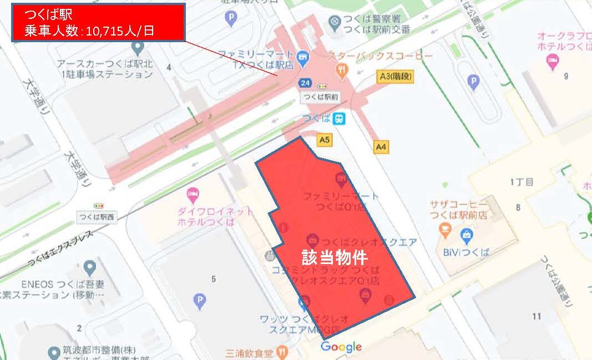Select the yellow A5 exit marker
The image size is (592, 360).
pos(325,140)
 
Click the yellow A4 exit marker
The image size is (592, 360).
pos(381,147)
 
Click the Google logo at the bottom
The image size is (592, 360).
pos(341,347)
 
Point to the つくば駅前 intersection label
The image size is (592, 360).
pos(320,97)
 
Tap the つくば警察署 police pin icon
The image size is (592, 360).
pos(335,23)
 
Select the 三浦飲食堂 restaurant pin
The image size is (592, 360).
pos(283,352)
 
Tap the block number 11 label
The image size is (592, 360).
pos(536,316)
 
